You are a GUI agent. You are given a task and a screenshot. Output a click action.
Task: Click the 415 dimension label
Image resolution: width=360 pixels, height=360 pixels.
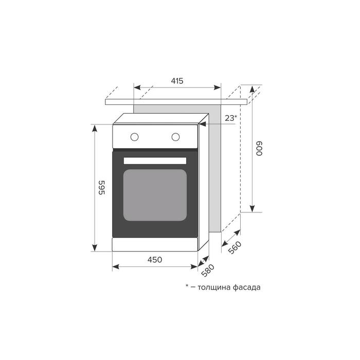(x=177, y=81)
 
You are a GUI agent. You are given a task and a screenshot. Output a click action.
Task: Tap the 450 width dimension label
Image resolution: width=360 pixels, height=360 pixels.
(x=155, y=260)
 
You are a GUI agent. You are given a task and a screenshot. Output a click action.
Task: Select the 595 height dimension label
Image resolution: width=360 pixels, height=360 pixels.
(x=101, y=188)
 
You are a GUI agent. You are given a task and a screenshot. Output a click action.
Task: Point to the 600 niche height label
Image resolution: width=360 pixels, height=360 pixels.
(x=259, y=149)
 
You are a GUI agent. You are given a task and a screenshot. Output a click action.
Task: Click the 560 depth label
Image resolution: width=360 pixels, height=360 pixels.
(x=235, y=247)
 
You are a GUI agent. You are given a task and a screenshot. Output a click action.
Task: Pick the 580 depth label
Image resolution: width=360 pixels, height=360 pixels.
(x=208, y=271)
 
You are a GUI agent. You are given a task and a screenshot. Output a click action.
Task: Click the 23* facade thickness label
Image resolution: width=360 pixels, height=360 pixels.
(x=231, y=118)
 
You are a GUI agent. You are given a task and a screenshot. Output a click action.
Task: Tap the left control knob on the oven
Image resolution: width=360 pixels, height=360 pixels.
(x=134, y=137)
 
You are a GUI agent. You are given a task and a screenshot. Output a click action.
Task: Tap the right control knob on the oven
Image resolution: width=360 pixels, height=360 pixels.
(x=176, y=137)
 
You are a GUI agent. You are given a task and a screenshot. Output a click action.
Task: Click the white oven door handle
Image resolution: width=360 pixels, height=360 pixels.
(x=155, y=160)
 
